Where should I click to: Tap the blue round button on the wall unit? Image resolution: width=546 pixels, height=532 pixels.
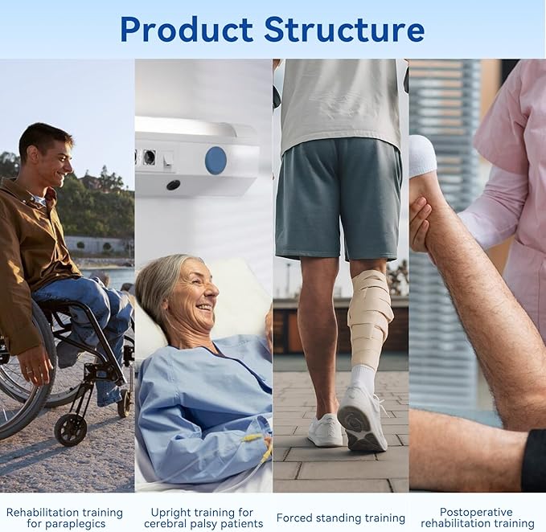[x=216, y=160]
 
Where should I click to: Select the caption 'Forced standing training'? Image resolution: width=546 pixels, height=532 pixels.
[x=340, y=518]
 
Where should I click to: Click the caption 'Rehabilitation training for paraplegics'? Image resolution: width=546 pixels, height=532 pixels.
[x=64, y=518]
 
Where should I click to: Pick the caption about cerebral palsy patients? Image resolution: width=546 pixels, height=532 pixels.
[x=202, y=518]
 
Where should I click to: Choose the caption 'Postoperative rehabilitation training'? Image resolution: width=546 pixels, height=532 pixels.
[x=477, y=518]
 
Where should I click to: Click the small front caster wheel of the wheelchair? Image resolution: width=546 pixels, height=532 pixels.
[x=70, y=428]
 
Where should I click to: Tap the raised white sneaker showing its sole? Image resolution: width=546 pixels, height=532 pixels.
[x=362, y=417]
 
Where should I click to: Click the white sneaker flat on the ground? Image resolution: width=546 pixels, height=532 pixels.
[x=325, y=431]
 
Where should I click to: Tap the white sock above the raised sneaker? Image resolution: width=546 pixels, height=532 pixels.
[x=363, y=377]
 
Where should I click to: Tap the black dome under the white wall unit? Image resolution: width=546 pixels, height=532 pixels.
[x=173, y=185]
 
